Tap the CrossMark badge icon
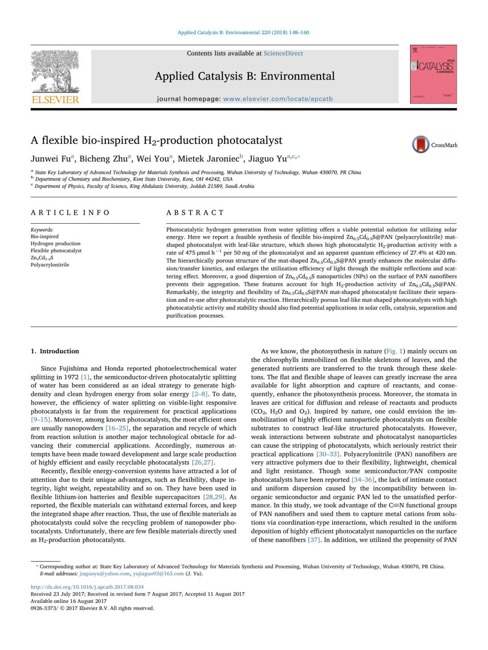point(421,145)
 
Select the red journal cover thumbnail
point(433,74)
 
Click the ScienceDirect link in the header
point(283,53)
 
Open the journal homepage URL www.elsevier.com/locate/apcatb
point(278,99)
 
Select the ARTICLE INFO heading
point(70,213)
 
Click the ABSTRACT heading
point(195,213)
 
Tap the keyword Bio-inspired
point(45,236)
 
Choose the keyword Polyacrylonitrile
point(50,265)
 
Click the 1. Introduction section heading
point(55,351)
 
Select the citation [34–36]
point(363,480)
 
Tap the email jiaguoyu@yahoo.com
point(105,574)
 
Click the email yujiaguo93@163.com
point(158,574)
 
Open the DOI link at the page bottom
point(87,587)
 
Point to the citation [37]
point(314,540)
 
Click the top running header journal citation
point(243,33)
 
